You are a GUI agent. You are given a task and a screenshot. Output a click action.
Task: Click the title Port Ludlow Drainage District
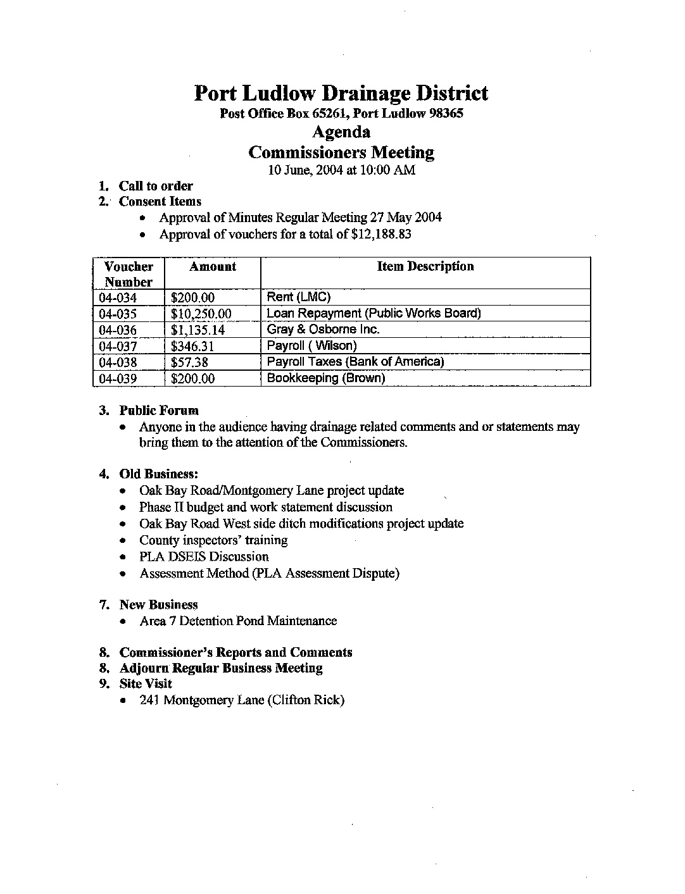point(341,94)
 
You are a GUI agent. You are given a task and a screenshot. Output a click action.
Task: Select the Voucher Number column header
point(129,274)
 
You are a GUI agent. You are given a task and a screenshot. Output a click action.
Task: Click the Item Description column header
point(425,266)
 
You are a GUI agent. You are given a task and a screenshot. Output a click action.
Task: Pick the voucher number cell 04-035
point(118,314)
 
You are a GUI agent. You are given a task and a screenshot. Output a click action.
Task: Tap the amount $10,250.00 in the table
point(201,314)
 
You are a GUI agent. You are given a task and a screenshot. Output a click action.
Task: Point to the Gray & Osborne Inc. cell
point(323,330)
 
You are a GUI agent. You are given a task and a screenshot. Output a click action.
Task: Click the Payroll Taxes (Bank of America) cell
point(355,362)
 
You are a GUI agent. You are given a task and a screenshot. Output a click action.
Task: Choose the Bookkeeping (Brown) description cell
point(325,378)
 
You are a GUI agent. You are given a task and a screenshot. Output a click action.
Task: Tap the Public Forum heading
point(159,410)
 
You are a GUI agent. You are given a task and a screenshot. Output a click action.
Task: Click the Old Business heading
point(159,474)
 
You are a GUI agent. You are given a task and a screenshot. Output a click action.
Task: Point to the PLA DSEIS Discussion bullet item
point(204,557)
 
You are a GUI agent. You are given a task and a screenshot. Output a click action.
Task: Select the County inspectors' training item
point(213,540)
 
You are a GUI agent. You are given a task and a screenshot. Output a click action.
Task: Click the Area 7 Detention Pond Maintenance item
point(238,621)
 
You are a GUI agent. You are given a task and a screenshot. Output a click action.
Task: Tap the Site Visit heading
point(146,683)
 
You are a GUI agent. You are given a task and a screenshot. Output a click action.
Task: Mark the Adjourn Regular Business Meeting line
point(221,667)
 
